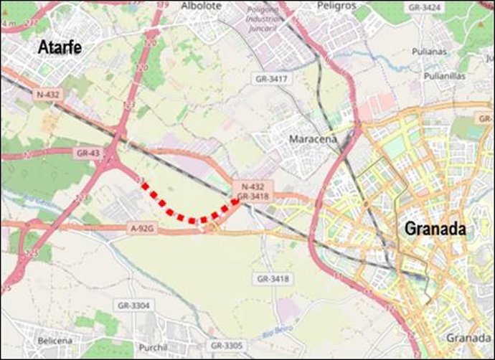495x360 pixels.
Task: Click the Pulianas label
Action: [x=430, y=52]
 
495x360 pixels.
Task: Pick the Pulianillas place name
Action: [x=444, y=75]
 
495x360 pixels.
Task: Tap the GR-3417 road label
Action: [x=271, y=77]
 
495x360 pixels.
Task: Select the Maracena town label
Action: [x=312, y=139]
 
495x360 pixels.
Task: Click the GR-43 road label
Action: [x=87, y=153]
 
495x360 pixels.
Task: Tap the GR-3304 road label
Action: [x=134, y=305]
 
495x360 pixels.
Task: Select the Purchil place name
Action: [x=154, y=347]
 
